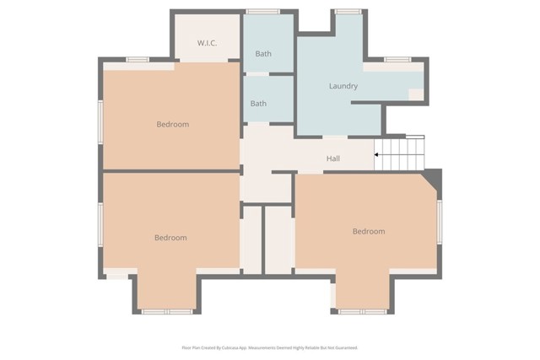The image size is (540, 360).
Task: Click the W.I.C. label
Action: [208, 43]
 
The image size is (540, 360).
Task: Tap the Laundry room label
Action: [343, 86]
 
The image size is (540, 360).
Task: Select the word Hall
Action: [333, 159]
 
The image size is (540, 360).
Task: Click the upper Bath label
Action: [263, 54]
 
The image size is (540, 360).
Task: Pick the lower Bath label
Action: [258, 104]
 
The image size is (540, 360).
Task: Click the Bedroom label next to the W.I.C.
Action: [172, 125]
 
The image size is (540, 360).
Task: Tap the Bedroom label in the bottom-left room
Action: [170, 238]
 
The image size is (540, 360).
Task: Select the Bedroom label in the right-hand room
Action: [369, 231]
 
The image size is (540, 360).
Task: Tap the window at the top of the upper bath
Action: [263, 12]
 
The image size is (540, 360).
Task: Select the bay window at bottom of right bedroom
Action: [363, 311]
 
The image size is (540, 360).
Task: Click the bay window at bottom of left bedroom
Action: [166, 311]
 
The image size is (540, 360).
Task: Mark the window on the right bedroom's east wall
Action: [439, 222]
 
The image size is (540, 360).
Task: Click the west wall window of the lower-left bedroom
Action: [100, 225]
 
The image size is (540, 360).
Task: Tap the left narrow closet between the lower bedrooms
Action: [251, 239]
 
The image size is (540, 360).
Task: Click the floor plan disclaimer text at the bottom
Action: [270, 347]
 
